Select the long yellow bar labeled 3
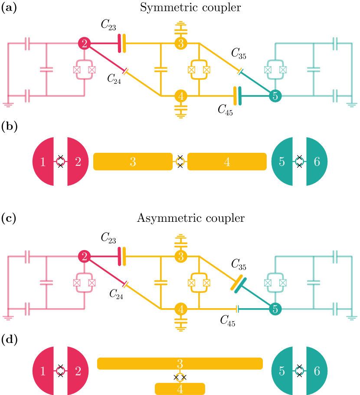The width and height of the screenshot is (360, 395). pyautogui.click(x=180, y=363)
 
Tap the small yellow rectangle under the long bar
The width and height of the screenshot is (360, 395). pyautogui.click(x=180, y=389)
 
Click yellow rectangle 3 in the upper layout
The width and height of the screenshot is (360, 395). pyautogui.click(x=133, y=161)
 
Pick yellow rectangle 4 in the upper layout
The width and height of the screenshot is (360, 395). pyautogui.click(x=227, y=161)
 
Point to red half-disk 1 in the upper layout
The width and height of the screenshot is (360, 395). pyautogui.click(x=43, y=161)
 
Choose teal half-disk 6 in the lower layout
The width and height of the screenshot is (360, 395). pyautogui.click(x=317, y=371)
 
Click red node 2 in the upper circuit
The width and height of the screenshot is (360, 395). pyautogui.click(x=84, y=43)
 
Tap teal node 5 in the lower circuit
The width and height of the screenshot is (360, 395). pyautogui.click(x=275, y=309)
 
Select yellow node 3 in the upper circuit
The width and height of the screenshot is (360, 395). pyautogui.click(x=181, y=43)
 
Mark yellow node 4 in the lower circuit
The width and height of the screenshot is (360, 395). pyautogui.click(x=181, y=309)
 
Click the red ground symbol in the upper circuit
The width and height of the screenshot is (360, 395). pyautogui.click(x=8, y=104)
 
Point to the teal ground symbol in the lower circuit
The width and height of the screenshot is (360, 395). pyautogui.click(x=352, y=318)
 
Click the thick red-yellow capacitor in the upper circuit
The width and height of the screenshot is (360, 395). pyautogui.click(x=122, y=43)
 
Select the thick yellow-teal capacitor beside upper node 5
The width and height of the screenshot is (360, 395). pyautogui.click(x=237, y=96)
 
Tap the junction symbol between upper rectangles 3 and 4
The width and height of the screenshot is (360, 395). pyautogui.click(x=180, y=161)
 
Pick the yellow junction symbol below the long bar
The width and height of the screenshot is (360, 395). pyautogui.click(x=180, y=377)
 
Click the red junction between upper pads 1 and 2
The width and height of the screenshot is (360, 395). pyautogui.click(x=60, y=161)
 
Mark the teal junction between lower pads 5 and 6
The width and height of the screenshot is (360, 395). pyautogui.click(x=299, y=371)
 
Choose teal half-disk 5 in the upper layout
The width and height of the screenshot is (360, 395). pyautogui.click(x=282, y=161)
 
